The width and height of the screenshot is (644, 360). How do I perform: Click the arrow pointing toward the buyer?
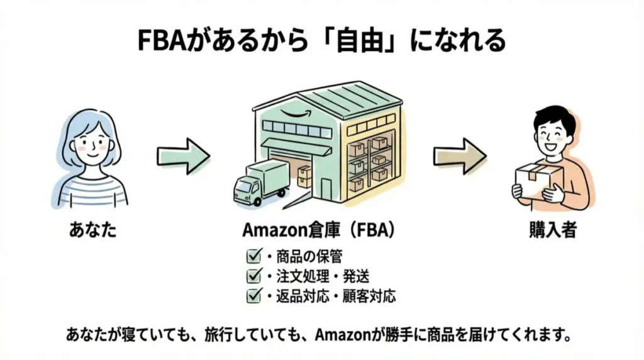pos(459,154)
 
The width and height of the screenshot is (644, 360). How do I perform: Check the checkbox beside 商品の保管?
pos(254,257)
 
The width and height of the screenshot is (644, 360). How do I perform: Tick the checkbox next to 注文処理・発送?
pos(254,276)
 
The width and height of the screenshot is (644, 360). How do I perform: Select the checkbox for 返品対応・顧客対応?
pos(254,295)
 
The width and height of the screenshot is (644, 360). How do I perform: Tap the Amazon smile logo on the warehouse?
pos(292,114)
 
